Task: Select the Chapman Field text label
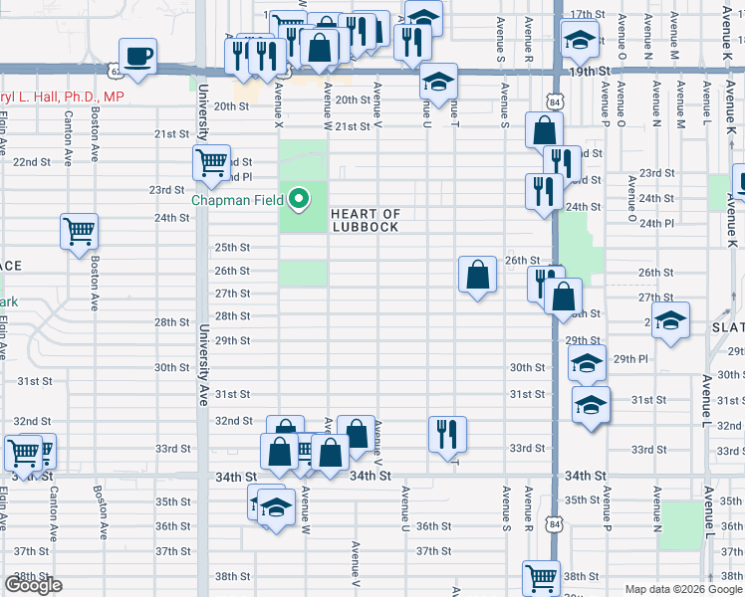point(237,199)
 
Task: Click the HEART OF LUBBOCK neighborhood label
point(365,220)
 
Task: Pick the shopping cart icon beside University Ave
point(211,163)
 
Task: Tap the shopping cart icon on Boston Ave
point(79,232)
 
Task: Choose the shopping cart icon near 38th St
point(542,578)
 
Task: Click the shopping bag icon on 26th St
point(478,274)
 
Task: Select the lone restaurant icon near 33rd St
point(447,433)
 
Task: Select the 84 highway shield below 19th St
point(555,102)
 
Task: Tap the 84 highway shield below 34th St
point(555,520)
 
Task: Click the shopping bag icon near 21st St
point(545,129)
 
